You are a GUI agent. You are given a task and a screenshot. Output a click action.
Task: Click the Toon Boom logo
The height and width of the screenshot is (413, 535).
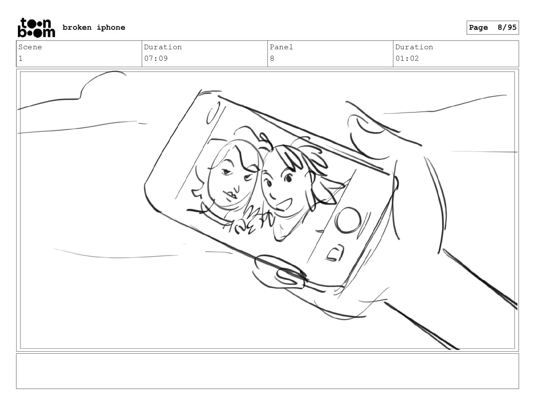pos(36,28)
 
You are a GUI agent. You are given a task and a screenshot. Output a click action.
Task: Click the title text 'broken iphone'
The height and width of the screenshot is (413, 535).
pos(94,27)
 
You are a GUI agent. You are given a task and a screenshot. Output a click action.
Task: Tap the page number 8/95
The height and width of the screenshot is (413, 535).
pos(507,27)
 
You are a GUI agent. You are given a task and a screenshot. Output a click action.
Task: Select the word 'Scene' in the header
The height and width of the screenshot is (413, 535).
pos(30,47)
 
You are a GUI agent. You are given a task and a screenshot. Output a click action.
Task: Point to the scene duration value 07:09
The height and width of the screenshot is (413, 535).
pos(156,58)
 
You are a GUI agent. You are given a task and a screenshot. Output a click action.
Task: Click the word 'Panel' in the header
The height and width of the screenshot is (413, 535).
pos(281,47)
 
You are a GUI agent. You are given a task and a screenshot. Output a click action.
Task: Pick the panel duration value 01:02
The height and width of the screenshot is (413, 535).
pos(407,58)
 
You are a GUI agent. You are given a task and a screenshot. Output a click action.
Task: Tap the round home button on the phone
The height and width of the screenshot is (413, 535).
pos(348,220)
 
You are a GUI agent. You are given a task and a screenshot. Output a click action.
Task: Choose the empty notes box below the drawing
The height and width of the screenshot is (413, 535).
pos(267,371)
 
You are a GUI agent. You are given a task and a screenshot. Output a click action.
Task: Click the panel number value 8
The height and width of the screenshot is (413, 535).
pos(272,58)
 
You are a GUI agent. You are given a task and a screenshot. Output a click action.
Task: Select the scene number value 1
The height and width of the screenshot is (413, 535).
pos(21,58)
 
